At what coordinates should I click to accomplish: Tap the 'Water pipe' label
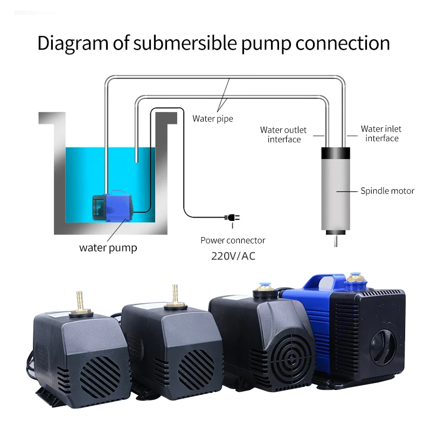click(212, 119)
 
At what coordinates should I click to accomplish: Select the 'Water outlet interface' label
click(283, 134)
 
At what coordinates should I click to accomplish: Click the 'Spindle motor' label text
click(387, 191)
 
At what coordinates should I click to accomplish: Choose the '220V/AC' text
click(233, 255)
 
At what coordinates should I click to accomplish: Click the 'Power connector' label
click(233, 240)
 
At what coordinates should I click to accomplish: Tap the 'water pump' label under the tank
click(108, 248)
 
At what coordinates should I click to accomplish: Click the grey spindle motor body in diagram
click(336, 194)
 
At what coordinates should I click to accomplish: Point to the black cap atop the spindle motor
click(336, 153)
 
